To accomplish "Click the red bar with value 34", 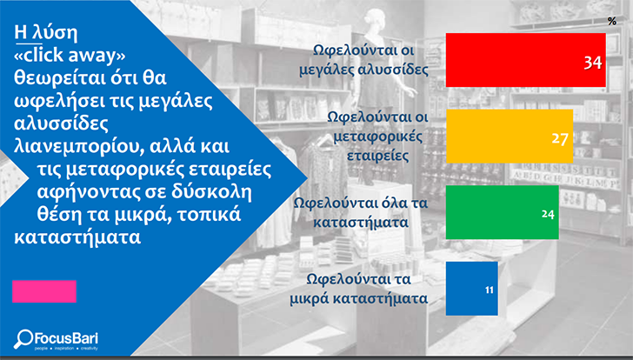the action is pos(525,60).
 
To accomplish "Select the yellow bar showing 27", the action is pos(510,136).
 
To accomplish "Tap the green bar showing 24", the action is pos(503,212).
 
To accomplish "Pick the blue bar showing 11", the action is pos(471,289).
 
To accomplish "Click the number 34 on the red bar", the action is pos(593,63).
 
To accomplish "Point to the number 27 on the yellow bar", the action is pos(560,138).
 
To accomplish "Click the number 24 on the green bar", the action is pos(548,214).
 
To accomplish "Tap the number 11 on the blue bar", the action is pos(490,290).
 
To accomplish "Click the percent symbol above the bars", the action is pos(612,21).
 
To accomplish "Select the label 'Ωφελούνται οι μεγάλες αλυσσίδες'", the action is pos(363,60).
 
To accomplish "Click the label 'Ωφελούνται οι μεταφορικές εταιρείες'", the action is pos(377,136).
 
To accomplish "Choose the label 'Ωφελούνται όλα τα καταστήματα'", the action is pos(361,212).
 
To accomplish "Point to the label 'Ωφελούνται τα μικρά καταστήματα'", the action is pos(359,289).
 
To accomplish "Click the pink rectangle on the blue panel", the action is pos(44,291).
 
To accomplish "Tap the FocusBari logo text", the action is pos(65,337).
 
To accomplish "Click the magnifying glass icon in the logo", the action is pos(23,338).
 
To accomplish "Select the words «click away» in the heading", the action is pos(70,55).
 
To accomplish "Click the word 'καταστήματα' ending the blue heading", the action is pos(77,237).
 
